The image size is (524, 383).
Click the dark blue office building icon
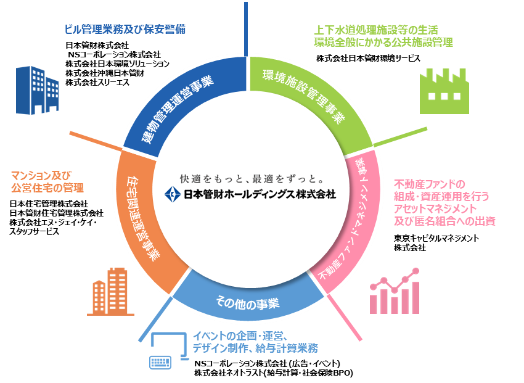37,90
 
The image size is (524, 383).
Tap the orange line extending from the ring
96,141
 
